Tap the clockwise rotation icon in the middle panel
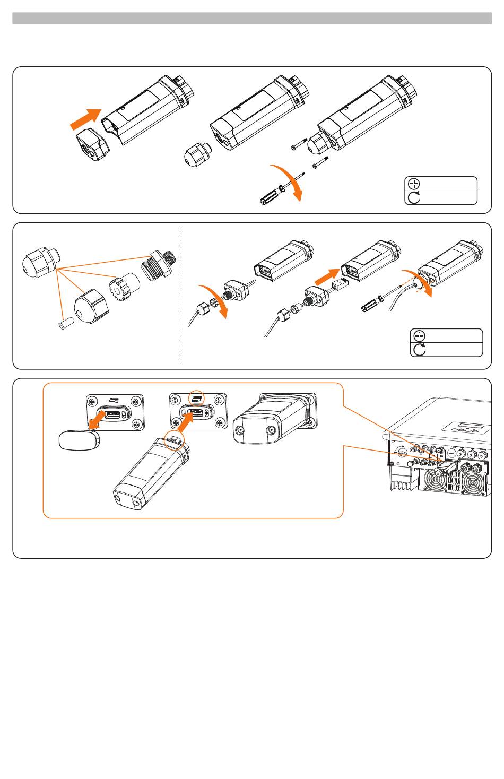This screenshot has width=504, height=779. [x=419, y=349]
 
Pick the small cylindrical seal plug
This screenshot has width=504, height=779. [x=64, y=322]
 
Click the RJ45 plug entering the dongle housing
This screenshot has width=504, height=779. [x=340, y=285]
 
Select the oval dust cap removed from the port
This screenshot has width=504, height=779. [x=78, y=440]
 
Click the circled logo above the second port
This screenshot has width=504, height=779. [x=197, y=397]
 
